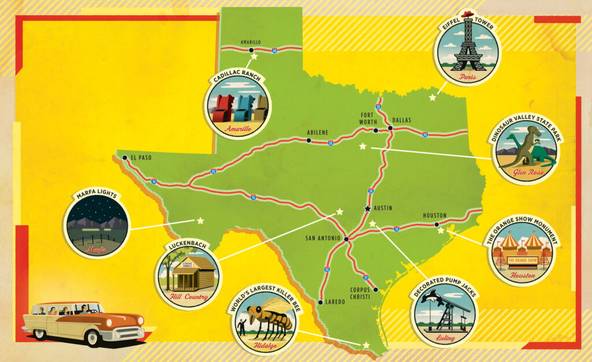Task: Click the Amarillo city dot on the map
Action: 251,50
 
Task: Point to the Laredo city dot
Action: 320,301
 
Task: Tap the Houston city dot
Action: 436,224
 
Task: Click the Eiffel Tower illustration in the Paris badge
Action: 467,49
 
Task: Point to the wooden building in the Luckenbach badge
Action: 191,273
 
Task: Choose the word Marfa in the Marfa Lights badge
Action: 97,249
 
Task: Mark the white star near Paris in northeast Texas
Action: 432,98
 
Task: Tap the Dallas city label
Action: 402,120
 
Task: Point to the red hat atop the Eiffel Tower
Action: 467,14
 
